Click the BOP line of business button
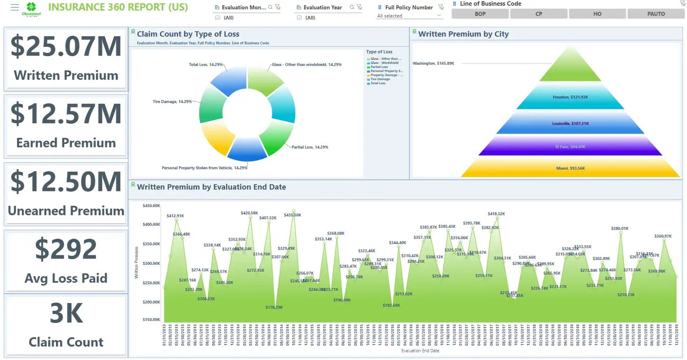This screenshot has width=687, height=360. [x=480, y=14]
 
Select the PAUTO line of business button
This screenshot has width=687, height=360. [x=656, y=14]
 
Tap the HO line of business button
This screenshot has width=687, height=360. [x=597, y=14]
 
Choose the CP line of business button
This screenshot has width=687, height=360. [x=538, y=14]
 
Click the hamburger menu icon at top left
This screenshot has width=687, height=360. [x=15, y=7]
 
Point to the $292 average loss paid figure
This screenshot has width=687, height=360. [x=66, y=249]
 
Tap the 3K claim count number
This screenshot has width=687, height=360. [x=66, y=313]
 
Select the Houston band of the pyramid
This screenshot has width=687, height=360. [x=570, y=97]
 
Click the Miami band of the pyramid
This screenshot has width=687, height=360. [x=570, y=168]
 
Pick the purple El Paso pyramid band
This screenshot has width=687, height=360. [x=570, y=147]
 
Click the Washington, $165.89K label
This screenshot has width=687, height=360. [x=433, y=64]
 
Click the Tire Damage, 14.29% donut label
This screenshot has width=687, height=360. [x=172, y=102]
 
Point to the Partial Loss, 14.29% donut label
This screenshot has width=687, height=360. [x=310, y=147]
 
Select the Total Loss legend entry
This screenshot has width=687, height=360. [x=378, y=83]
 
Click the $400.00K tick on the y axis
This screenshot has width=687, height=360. [x=151, y=224]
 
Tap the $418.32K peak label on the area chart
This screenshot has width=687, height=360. [x=496, y=214]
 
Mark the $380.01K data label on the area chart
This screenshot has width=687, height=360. [x=619, y=228]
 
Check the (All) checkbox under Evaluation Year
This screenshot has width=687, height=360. [x=300, y=18]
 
